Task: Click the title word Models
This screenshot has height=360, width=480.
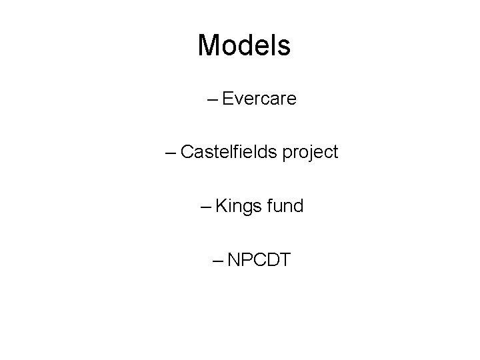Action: [244, 45]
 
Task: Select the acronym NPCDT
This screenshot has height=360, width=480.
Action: [259, 259]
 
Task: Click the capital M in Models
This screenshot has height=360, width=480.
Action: [209, 45]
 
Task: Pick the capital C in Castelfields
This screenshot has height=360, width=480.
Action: [187, 153]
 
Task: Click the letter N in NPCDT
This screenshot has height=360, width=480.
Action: [233, 259]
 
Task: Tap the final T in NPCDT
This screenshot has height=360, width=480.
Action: [284, 259]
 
